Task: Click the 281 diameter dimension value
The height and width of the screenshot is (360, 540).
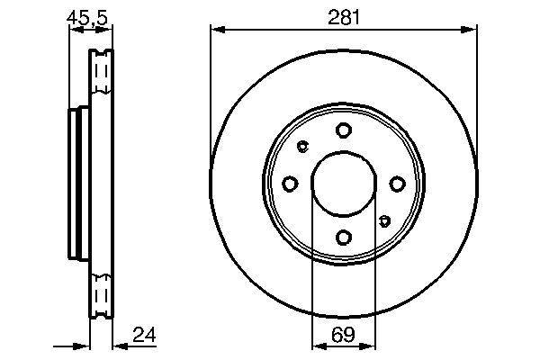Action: tap(344, 18)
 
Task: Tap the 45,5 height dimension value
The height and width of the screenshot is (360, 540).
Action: tap(87, 18)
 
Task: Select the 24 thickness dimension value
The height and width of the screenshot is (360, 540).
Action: tap(144, 335)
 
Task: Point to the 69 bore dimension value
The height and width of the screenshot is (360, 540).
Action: tap(343, 335)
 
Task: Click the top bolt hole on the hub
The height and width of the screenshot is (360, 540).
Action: tap(344, 130)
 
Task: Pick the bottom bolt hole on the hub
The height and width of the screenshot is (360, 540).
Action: tap(344, 238)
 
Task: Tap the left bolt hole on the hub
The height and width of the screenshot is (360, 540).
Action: tap(290, 184)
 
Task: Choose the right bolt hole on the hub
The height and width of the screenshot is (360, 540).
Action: tap(397, 184)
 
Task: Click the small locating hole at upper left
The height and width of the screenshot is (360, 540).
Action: tap(302, 147)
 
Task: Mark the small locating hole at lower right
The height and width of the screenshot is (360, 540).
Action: tap(384, 220)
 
